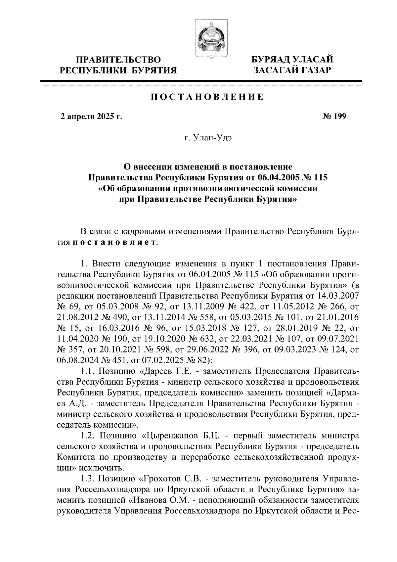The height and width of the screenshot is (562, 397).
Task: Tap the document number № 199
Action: point(334,117)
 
